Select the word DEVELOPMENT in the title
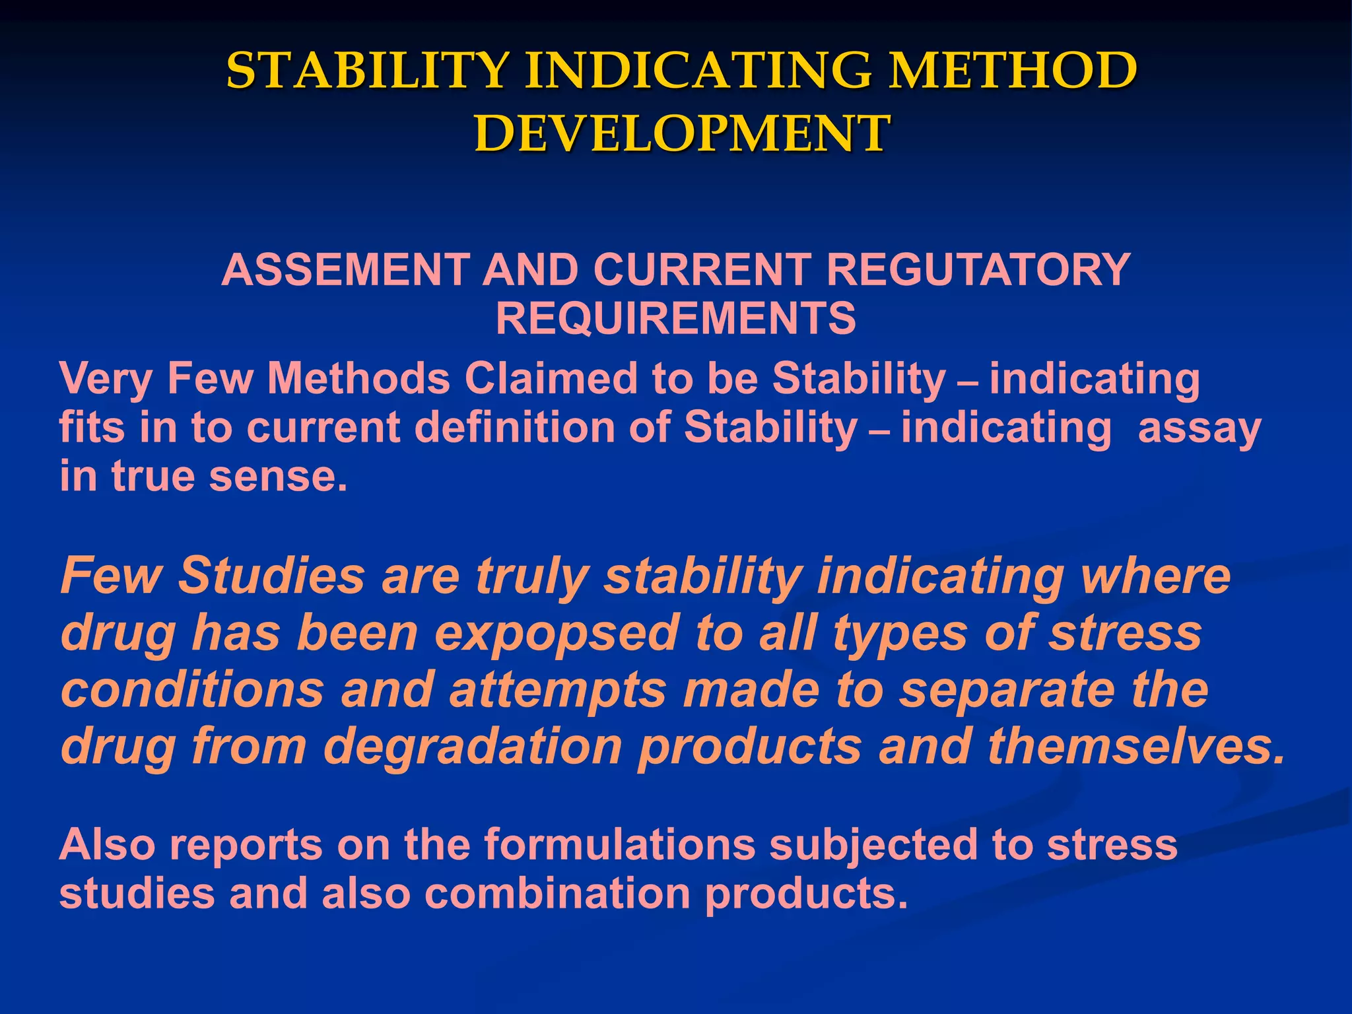click(x=682, y=133)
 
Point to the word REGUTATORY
click(x=978, y=270)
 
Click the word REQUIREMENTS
click(x=675, y=319)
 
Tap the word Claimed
click(x=551, y=379)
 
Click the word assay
click(x=1200, y=428)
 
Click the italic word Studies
click(x=271, y=576)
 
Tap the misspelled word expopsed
click(x=556, y=632)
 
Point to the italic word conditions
click(x=192, y=689)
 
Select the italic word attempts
click(x=558, y=689)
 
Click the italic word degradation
click(x=473, y=746)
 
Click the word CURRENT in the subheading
click(x=702, y=270)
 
